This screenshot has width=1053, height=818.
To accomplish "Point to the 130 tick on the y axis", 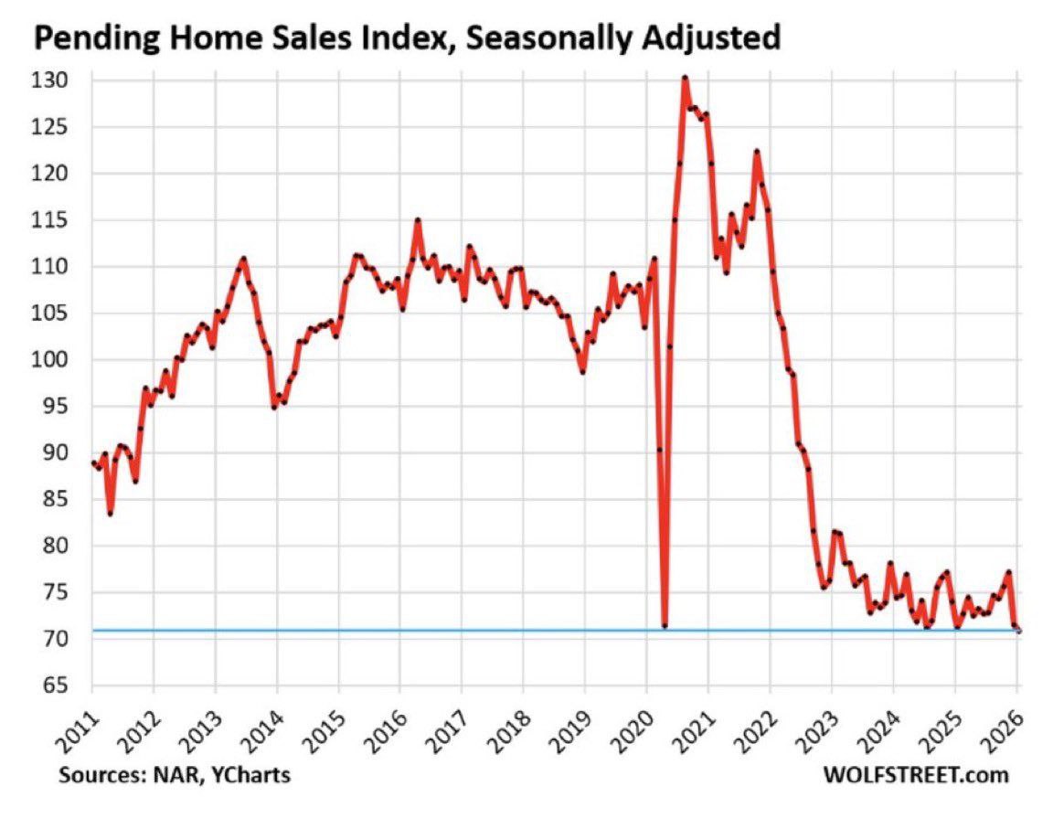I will point(58,80).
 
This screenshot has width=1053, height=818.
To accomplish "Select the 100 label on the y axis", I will point(58,360).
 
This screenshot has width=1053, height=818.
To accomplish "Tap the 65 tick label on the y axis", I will point(62,685).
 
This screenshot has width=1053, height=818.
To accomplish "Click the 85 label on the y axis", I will point(62,499).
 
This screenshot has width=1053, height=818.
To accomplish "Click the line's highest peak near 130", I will point(685,78).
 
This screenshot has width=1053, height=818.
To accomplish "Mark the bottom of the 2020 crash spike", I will point(665,626).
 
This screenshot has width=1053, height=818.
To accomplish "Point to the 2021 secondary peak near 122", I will point(757,152).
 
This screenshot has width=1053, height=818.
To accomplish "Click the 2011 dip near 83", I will point(110,514).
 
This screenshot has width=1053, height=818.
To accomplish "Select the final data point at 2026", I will point(1017,631).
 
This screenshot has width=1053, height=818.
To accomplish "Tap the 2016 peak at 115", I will point(417,220).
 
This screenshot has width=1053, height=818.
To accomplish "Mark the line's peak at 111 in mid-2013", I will point(243,259).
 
